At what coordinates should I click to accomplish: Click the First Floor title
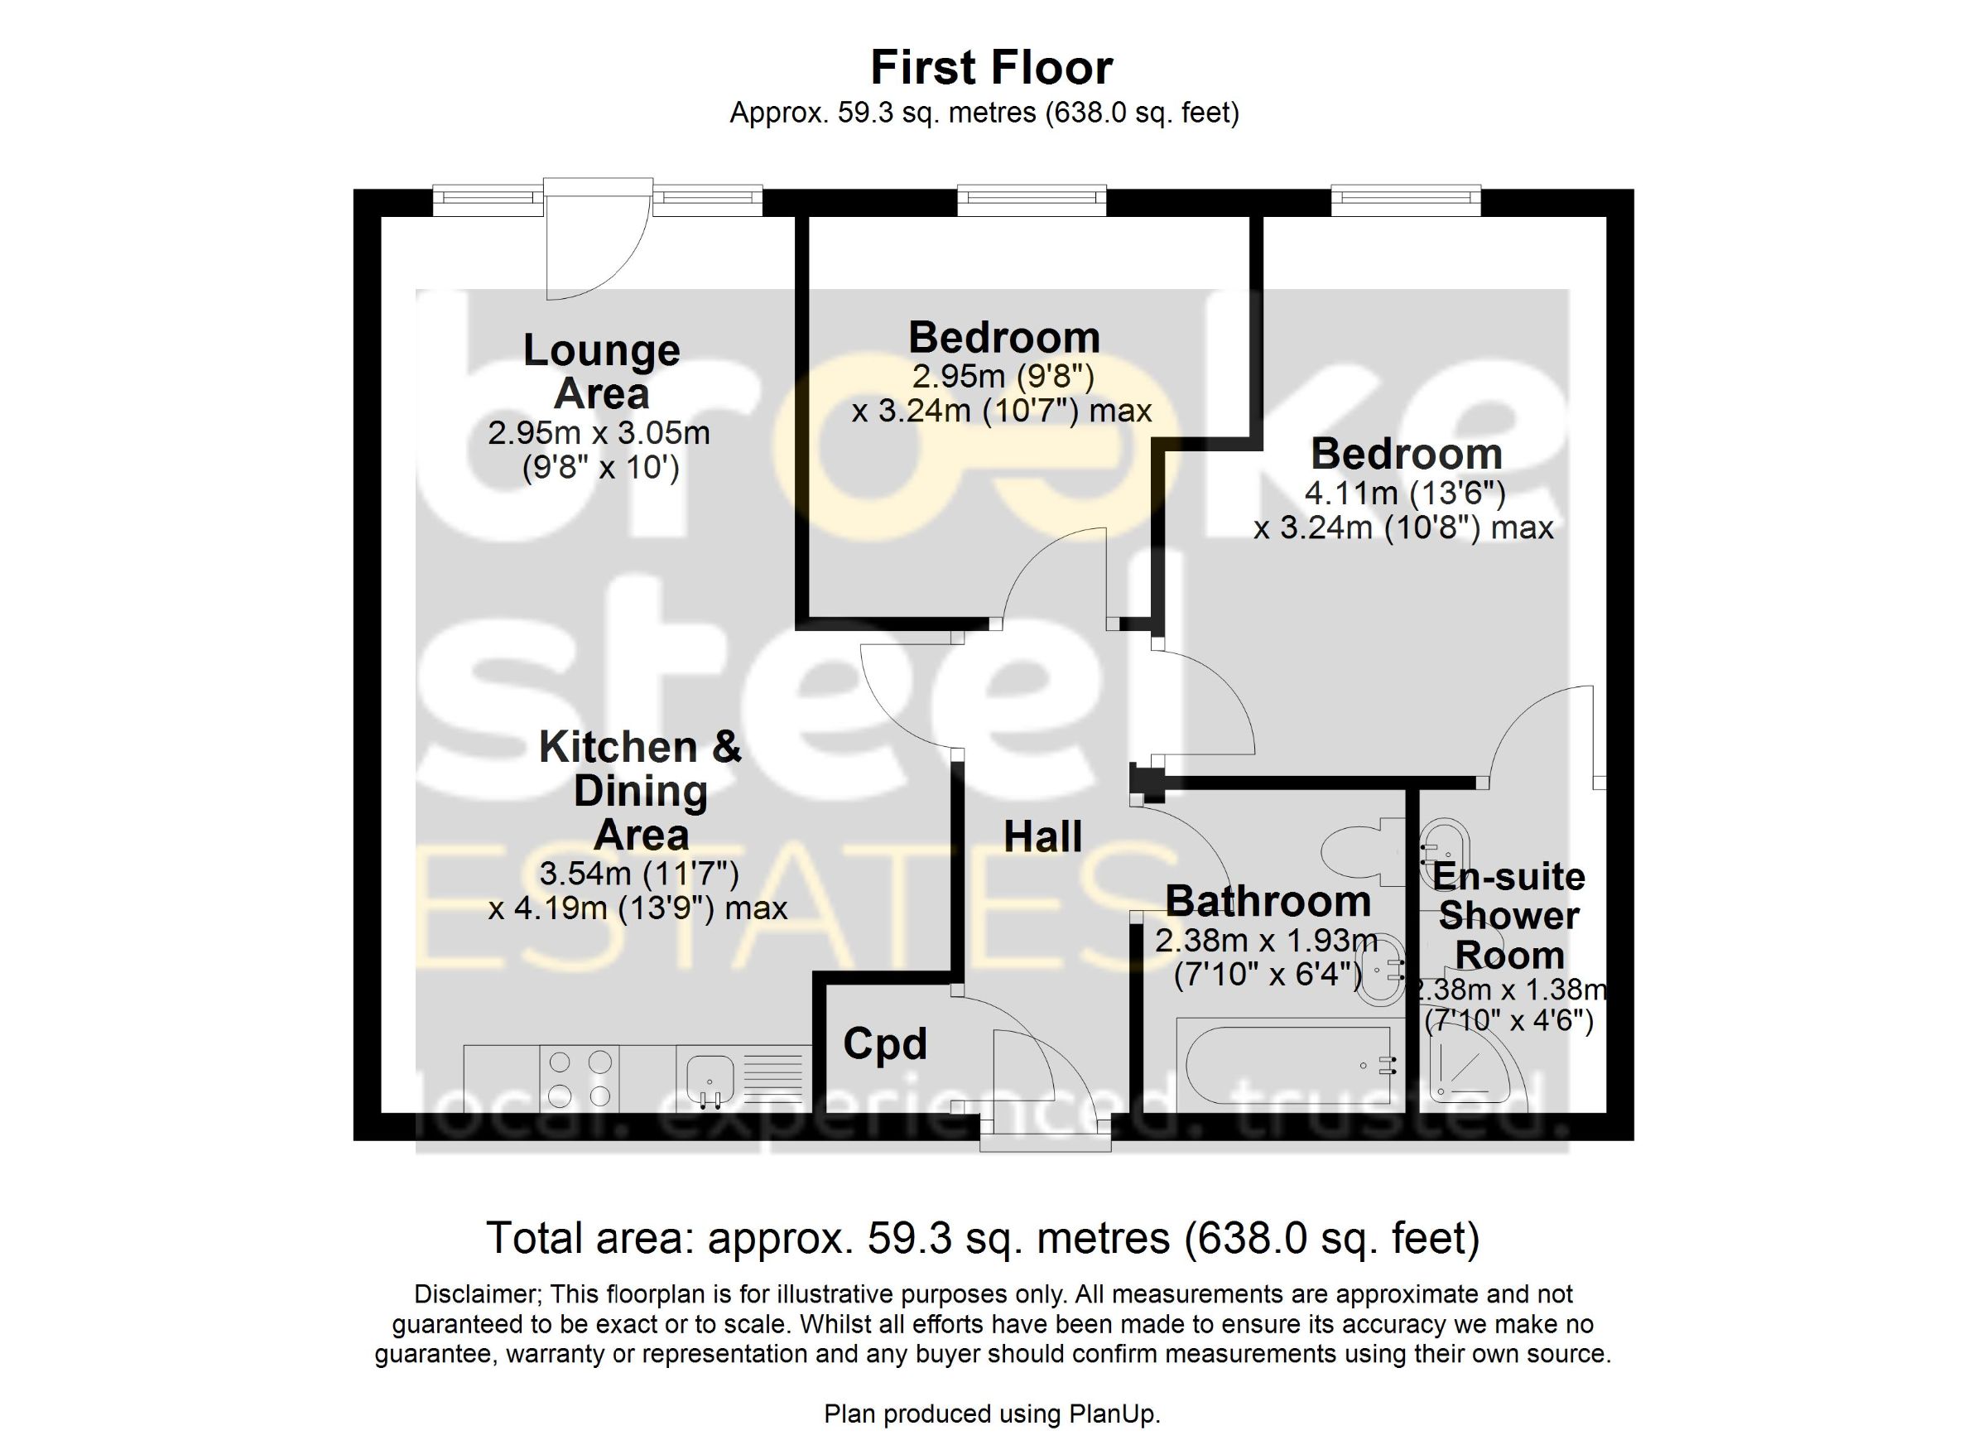[x=992, y=67]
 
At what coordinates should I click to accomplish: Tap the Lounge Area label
[x=602, y=372]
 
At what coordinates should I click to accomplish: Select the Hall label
[x=1042, y=837]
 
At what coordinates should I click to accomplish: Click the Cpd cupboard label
[x=885, y=1043]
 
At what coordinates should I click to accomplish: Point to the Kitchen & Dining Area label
[x=641, y=791]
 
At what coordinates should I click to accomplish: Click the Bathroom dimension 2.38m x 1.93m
[x=1267, y=942]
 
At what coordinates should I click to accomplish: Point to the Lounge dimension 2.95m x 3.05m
[x=599, y=433]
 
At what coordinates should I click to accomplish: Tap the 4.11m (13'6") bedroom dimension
[x=1405, y=494]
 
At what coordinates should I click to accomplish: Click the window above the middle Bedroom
[x=1032, y=200]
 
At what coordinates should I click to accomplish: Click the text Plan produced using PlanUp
[x=992, y=1414]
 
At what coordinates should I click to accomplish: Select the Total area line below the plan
[x=983, y=1238]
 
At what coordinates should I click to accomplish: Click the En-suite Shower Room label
[x=1508, y=917]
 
